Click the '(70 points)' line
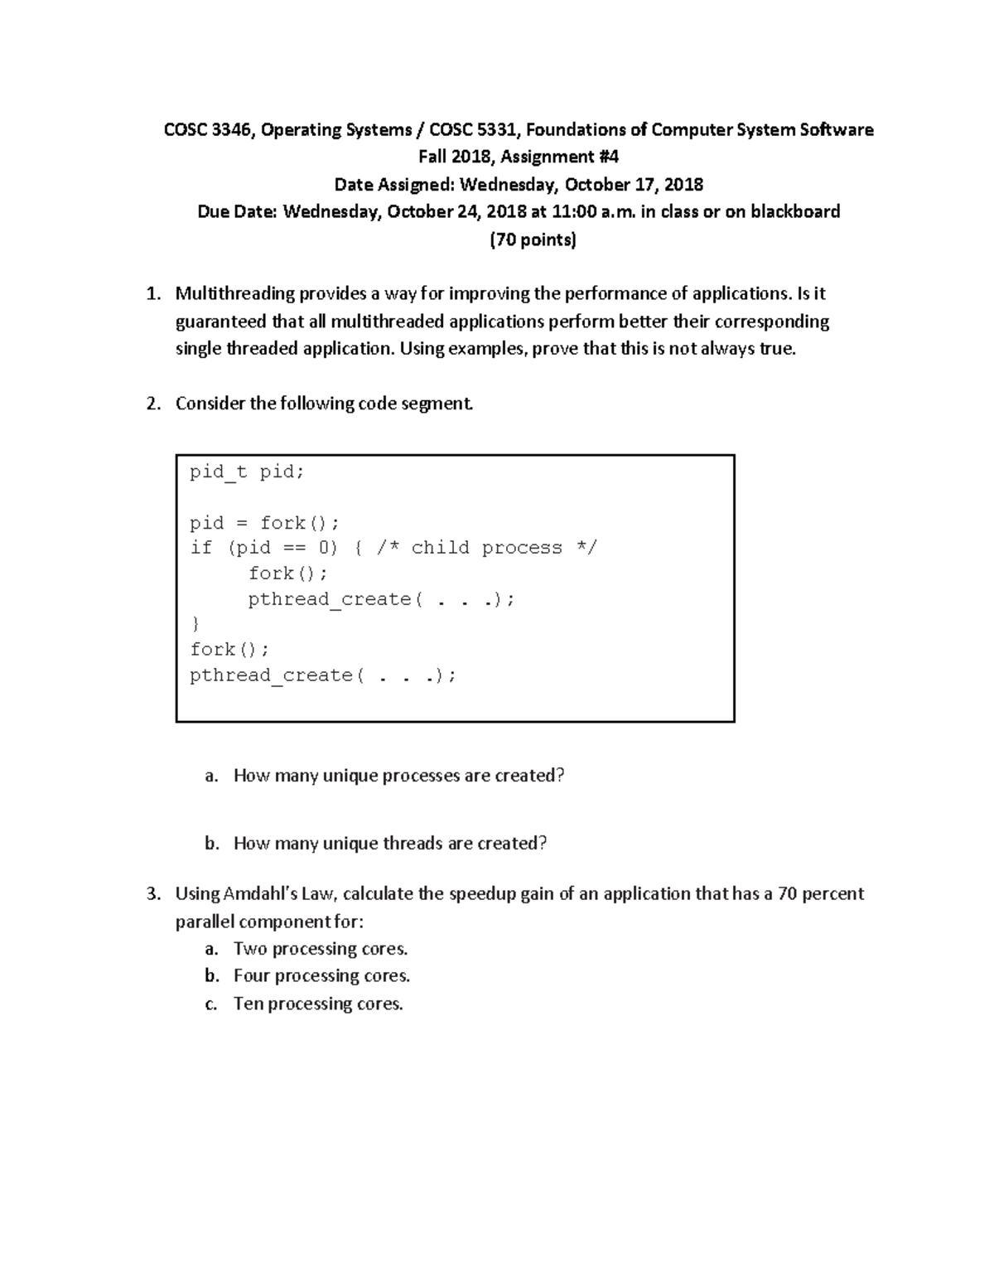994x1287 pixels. point(533,240)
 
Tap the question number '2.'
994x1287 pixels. point(152,404)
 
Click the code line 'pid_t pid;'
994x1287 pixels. point(247,472)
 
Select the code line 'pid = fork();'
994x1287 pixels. point(264,523)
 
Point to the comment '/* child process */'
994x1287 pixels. point(504,548)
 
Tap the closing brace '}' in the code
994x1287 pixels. point(195,624)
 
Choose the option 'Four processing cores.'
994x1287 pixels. point(321,976)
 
